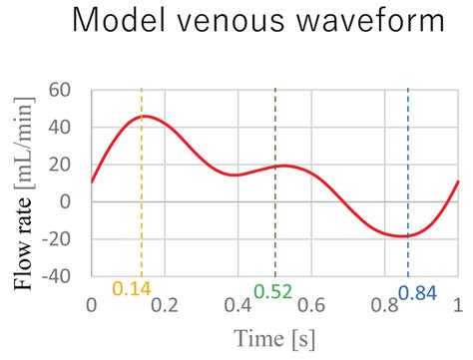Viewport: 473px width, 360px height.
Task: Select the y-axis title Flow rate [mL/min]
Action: coord(23,183)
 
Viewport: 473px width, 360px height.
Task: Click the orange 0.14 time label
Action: coord(131,290)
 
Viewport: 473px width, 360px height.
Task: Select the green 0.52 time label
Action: coord(272,291)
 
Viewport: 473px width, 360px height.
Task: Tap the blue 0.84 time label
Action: coord(417,292)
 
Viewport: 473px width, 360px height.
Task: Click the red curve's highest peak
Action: coord(144,117)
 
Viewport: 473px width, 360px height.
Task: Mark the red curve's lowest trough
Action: coord(403,236)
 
